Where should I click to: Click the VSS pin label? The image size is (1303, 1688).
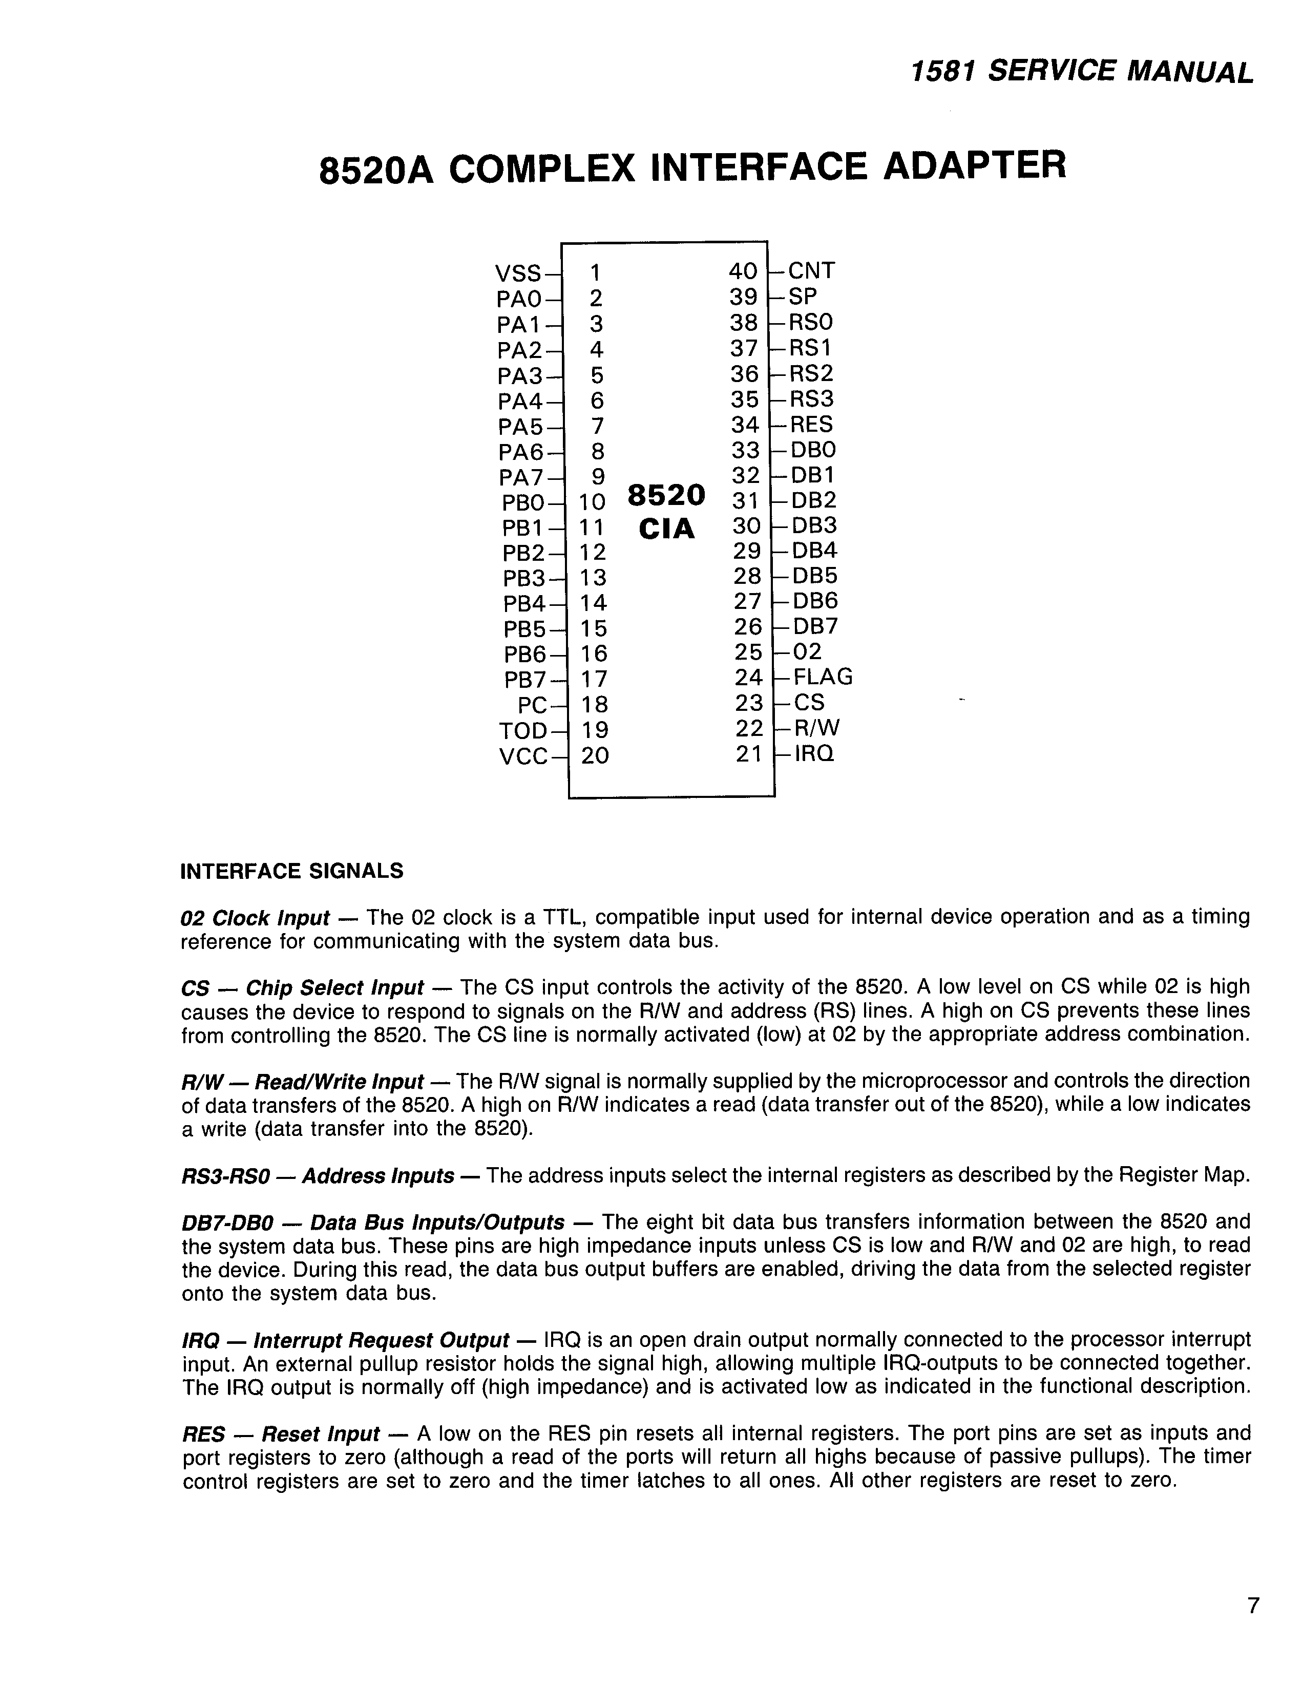(x=518, y=273)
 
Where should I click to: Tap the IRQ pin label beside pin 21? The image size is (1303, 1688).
(x=814, y=753)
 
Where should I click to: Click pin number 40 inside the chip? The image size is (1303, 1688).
(x=743, y=271)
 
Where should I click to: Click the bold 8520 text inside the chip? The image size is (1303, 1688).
(x=666, y=495)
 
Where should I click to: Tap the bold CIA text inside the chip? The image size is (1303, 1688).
(x=666, y=530)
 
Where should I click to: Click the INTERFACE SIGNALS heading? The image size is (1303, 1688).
(x=291, y=872)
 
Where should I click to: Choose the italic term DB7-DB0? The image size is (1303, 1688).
(x=228, y=1222)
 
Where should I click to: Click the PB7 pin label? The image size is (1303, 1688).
(x=525, y=680)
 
